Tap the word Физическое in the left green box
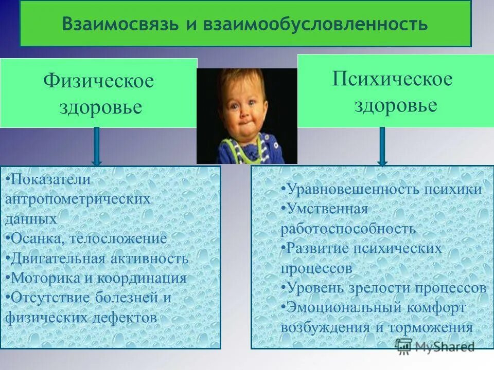click(98, 81)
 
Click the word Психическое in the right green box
click(392, 79)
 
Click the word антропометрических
click(78, 199)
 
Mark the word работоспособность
click(348, 228)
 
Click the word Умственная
click(327, 209)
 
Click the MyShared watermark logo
click(435, 346)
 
